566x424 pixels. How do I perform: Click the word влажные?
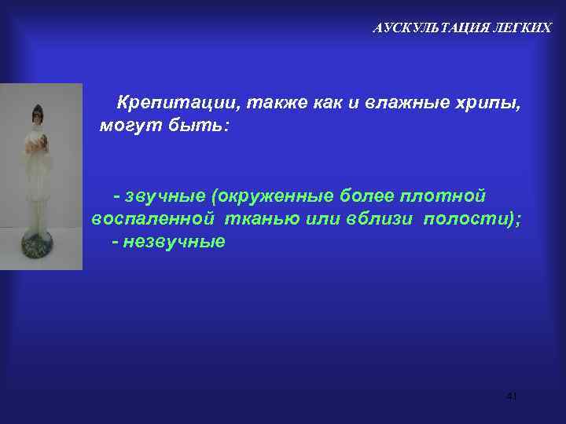click(405, 103)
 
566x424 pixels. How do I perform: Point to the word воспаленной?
click(153, 218)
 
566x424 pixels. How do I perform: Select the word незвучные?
click(175, 241)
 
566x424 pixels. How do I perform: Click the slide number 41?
click(512, 396)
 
